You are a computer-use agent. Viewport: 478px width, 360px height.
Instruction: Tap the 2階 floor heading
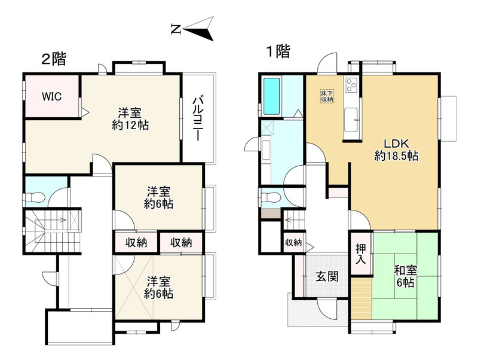pyautogui.click(x=53, y=59)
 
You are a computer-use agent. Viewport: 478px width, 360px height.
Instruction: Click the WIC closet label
pyautogui.click(x=51, y=96)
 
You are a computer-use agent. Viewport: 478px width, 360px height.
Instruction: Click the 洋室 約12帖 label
pyautogui.click(x=130, y=118)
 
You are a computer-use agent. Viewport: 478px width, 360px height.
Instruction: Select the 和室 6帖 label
pyautogui.click(x=404, y=276)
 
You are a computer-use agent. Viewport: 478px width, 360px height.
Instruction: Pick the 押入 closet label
pyautogui.click(x=360, y=253)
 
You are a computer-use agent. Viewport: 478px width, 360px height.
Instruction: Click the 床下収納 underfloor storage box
pyautogui.click(x=326, y=96)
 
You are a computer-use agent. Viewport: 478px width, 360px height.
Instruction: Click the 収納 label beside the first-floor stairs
pyautogui.click(x=293, y=242)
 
